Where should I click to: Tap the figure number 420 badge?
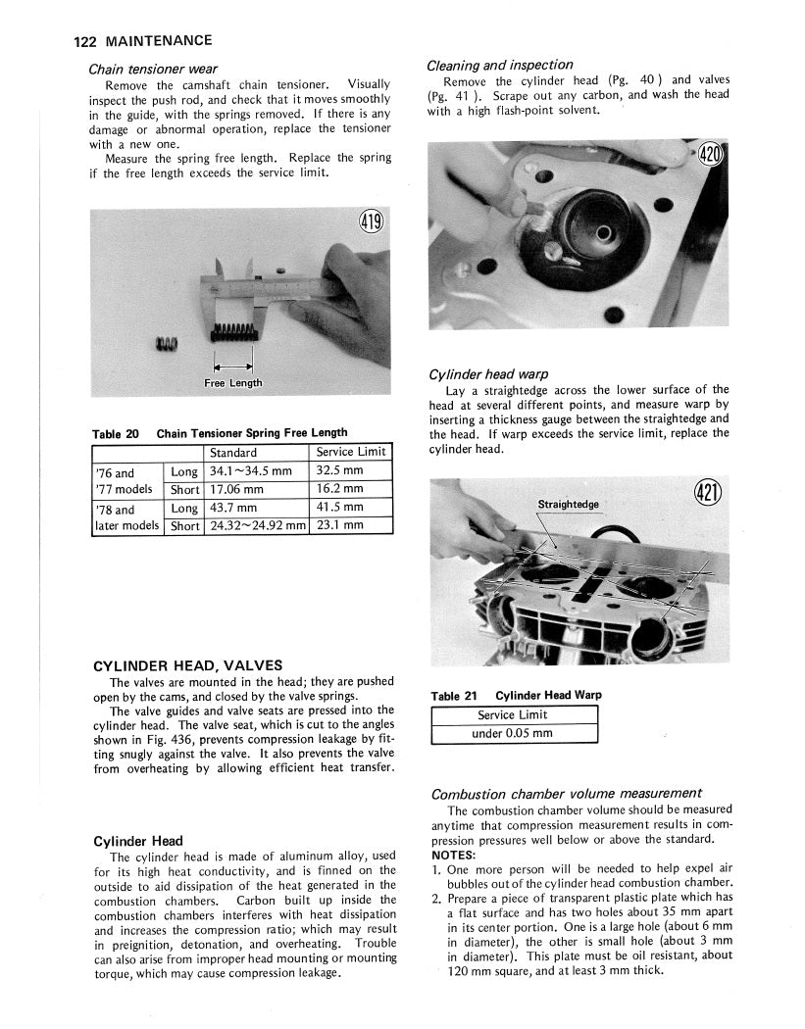coord(711,157)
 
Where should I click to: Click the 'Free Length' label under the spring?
coord(233,382)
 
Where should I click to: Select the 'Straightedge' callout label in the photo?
coord(568,504)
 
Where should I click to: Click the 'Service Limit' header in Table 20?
coord(351,452)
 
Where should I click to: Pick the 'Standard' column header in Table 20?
coord(233,452)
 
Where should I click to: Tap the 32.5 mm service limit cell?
coord(339,470)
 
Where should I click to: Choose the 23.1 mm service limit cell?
coord(339,525)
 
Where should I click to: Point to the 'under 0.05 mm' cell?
coord(514,733)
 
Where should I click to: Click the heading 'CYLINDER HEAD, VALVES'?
coord(187,665)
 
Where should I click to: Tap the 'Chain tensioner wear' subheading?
coord(153,70)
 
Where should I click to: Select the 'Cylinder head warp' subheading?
coord(488,374)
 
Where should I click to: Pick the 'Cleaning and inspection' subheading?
coord(499,65)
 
